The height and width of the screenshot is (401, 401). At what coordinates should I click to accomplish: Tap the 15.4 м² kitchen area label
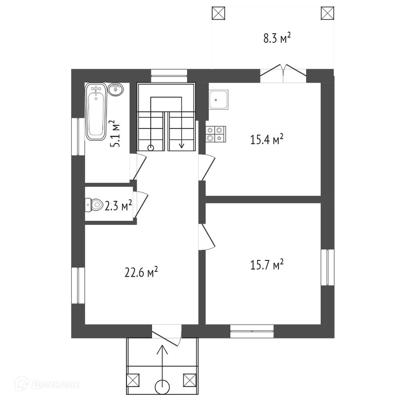tap(267, 140)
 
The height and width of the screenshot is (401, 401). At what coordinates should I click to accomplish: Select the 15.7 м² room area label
tap(267, 265)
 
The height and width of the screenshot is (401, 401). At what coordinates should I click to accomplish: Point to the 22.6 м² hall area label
tap(141, 273)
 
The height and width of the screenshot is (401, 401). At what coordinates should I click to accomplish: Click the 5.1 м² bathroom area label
tap(115, 134)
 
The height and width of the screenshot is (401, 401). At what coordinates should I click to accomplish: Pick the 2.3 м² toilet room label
tap(118, 205)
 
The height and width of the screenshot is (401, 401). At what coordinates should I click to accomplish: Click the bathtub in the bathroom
tap(96, 112)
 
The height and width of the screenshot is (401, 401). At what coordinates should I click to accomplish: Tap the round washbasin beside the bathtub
tap(116, 90)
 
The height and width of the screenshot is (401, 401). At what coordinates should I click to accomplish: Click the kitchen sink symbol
tap(219, 100)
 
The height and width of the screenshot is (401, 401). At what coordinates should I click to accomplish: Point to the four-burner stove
tap(215, 134)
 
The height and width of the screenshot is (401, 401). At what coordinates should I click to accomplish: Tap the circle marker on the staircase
tap(151, 148)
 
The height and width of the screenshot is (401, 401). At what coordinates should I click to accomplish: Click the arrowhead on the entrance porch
tap(162, 350)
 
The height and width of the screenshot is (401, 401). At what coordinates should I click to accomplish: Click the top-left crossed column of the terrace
tap(219, 13)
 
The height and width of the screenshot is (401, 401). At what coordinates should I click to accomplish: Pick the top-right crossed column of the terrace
tap(327, 13)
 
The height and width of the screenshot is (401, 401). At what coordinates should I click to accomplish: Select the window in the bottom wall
tap(252, 331)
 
